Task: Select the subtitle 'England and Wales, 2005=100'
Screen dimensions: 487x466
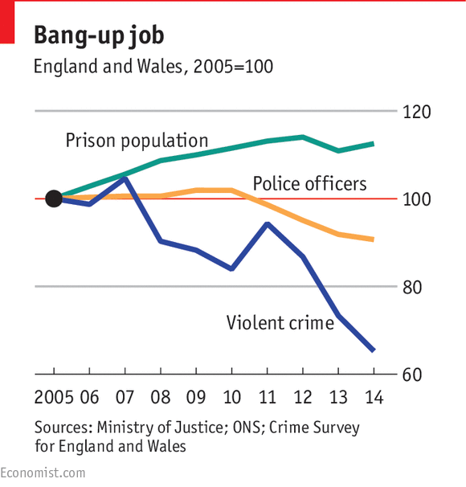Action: [153, 67]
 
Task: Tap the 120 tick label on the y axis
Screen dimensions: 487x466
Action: [418, 113]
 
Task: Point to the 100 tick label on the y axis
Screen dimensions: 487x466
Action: [418, 199]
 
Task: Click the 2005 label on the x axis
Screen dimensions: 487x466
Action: [54, 397]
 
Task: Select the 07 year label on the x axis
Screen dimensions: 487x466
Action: [125, 397]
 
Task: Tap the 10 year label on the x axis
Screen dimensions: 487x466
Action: [231, 397]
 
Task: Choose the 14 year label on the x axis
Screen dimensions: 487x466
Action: [373, 397]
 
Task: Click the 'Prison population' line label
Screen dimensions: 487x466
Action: [137, 141]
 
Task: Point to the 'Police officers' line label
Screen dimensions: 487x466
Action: [309, 184]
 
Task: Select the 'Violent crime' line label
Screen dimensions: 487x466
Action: [280, 323]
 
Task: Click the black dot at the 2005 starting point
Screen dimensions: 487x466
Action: [54, 198]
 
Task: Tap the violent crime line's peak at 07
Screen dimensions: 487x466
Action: [125, 178]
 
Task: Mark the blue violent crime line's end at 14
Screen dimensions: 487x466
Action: [373, 350]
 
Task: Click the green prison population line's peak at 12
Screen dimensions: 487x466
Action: [302, 137]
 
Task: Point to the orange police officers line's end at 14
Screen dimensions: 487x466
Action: [373, 239]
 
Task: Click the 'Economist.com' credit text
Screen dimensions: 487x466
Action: [43, 473]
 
